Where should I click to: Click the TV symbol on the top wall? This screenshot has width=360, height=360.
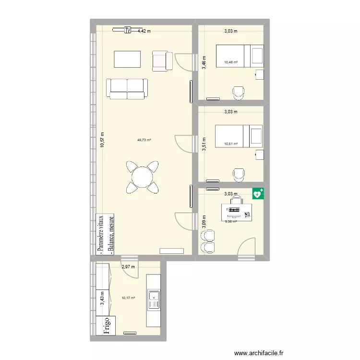point(128,30)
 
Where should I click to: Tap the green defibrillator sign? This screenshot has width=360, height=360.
point(258,194)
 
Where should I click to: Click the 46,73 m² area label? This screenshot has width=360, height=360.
point(144,140)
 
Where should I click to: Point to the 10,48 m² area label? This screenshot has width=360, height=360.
point(231,61)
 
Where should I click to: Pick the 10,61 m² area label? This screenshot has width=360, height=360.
point(231,143)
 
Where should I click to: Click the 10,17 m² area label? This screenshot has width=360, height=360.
point(128,298)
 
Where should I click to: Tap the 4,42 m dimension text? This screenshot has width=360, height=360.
point(144,31)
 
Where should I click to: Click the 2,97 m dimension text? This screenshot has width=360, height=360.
point(128,267)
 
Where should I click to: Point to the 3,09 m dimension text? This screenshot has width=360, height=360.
point(204,219)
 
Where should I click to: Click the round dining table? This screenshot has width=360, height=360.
point(143,178)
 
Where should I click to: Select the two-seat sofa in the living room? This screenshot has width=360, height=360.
point(127,89)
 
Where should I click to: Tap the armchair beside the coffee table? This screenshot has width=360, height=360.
point(162,60)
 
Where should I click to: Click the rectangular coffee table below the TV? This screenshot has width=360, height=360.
point(128,60)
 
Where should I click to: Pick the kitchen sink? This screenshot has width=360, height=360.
point(154,300)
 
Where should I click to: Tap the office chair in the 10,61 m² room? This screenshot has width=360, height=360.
point(238,175)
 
